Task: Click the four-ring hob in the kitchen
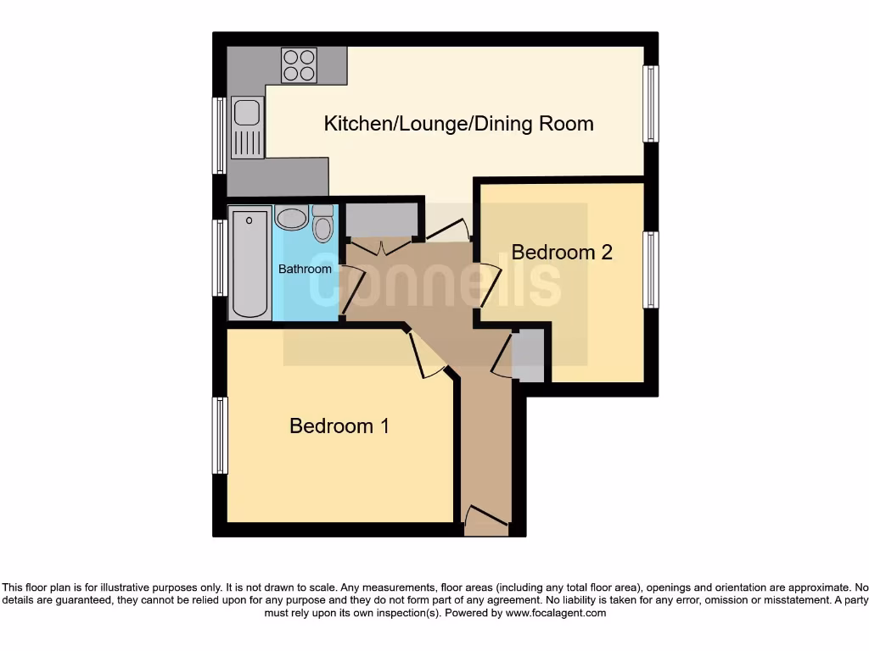(x=299, y=65)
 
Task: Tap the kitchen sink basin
(x=247, y=112)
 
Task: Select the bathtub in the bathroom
(x=249, y=264)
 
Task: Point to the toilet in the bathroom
(x=322, y=224)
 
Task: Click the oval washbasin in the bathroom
(x=291, y=218)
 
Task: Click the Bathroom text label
(x=306, y=269)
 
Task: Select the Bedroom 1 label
(x=339, y=426)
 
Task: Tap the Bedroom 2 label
(x=562, y=252)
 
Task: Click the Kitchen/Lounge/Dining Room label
(x=458, y=124)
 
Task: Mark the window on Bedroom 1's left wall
(x=220, y=435)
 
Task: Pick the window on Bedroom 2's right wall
(x=651, y=270)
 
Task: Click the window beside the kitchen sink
(x=220, y=135)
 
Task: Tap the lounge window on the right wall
(x=651, y=103)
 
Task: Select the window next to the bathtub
(x=220, y=258)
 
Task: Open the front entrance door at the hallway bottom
(x=485, y=519)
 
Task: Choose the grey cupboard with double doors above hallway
(x=380, y=222)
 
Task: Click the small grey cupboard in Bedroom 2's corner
(x=530, y=355)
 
